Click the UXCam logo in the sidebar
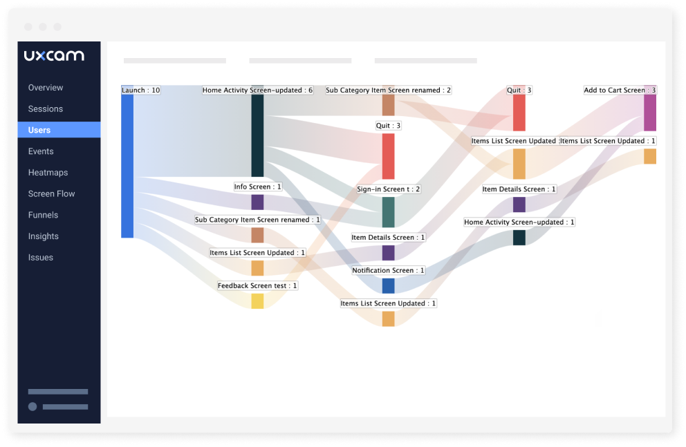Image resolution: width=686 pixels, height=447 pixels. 54,56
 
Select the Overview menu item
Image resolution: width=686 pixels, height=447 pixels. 46,88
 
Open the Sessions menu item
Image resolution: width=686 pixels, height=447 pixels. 46,109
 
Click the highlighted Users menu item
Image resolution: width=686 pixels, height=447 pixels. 39,130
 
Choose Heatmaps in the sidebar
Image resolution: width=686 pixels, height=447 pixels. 48,173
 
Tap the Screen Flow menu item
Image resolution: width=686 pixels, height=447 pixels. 51,194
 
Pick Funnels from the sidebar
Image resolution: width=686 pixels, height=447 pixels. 43,215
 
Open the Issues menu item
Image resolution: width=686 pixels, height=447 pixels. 41,258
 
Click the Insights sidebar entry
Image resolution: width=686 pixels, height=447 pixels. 44,236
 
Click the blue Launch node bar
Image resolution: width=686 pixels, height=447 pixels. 127,166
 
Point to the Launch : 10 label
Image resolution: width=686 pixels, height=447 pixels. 141,91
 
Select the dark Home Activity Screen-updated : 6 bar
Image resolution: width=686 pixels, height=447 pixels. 257,135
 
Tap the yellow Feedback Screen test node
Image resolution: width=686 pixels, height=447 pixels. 257,301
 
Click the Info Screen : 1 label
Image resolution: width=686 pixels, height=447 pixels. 258,187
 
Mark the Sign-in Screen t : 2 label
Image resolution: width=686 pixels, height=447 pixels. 389,189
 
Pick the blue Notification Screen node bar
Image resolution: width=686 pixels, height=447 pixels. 389,286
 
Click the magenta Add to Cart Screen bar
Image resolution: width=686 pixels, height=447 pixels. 650,113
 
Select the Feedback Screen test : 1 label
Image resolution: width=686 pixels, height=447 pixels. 257,286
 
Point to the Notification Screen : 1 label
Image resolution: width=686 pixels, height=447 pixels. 389,271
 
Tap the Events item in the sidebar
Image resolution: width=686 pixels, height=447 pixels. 41,151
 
